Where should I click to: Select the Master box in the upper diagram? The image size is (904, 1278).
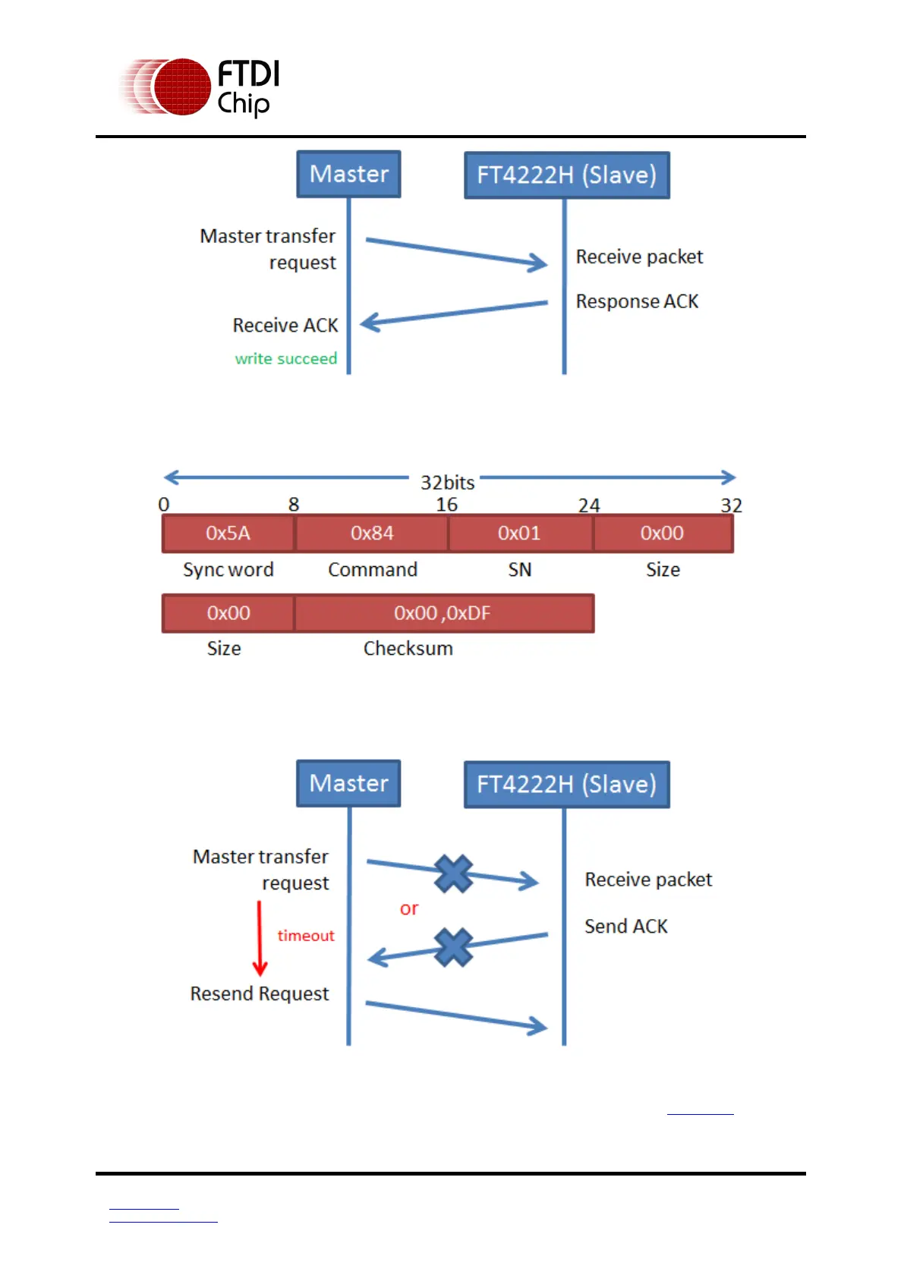348,174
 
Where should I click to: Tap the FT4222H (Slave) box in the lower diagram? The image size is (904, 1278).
566,784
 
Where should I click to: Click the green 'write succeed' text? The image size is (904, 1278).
285,358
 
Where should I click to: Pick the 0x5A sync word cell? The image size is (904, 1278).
228,533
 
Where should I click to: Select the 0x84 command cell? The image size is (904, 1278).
372,533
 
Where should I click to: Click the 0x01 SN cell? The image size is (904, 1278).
519,533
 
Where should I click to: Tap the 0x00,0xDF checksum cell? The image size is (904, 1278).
443,613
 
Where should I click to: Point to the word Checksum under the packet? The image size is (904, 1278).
408,648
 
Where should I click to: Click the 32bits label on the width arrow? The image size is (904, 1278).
447,482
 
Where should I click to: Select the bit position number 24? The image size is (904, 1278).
589,505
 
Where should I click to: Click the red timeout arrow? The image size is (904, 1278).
260,938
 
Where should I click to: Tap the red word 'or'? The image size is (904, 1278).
409,908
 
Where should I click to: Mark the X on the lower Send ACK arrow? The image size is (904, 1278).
454,947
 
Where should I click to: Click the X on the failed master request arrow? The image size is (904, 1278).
454,874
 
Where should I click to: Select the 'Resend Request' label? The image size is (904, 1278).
260,993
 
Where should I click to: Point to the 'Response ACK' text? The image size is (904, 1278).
637,301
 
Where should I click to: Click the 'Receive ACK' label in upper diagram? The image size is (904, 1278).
285,325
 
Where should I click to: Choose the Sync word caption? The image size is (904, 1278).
228,569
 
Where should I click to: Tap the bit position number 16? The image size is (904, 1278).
446,505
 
